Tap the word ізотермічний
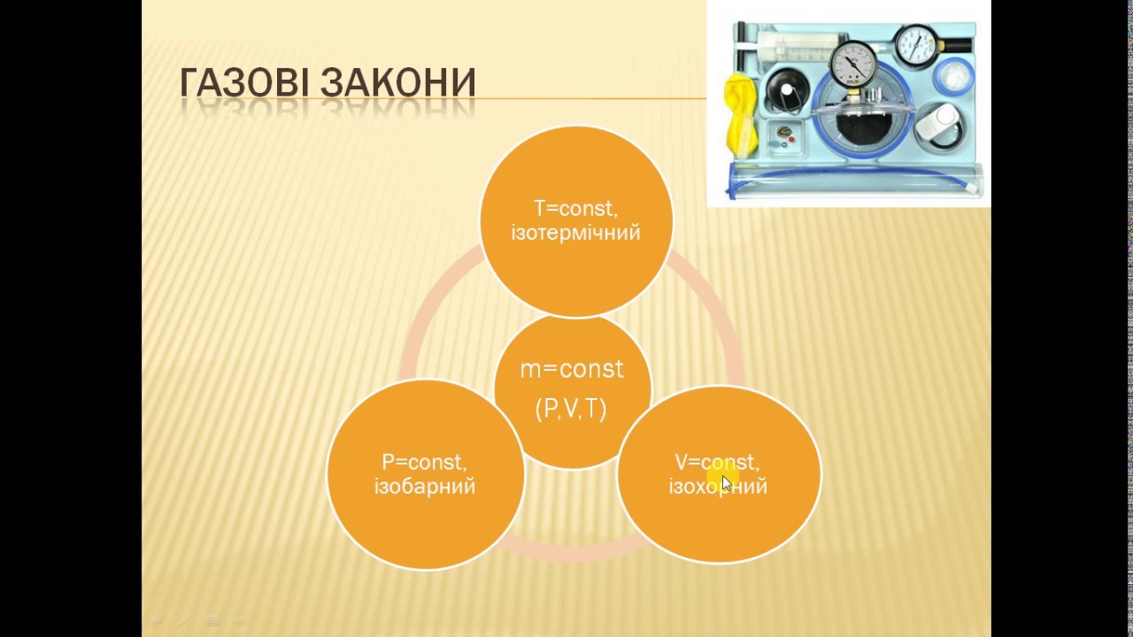[x=575, y=234]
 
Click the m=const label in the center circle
[x=572, y=369]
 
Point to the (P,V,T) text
[x=571, y=409]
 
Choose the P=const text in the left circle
[x=425, y=462]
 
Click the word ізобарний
[x=425, y=487]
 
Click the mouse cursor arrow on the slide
[x=726, y=482]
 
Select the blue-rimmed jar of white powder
[x=954, y=77]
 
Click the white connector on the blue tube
[x=974, y=188]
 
